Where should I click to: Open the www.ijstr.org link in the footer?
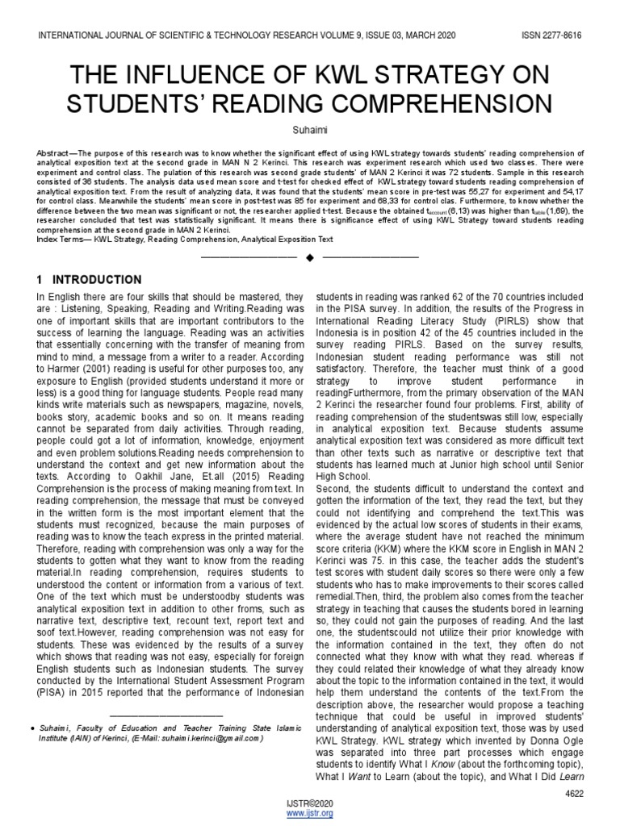(x=310, y=813)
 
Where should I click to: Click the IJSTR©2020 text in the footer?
(x=310, y=803)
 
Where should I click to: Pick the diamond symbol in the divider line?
(x=310, y=258)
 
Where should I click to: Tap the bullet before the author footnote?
(x=31, y=727)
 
